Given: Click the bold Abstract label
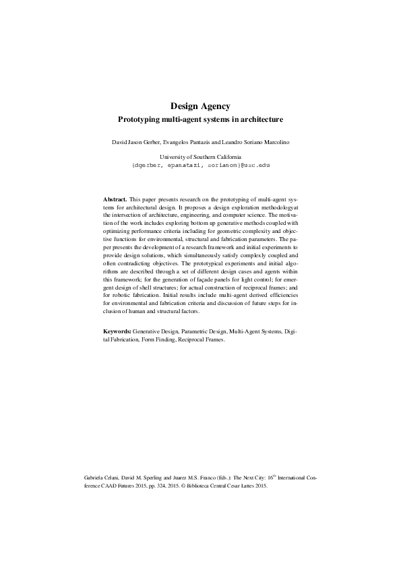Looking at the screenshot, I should (115, 201).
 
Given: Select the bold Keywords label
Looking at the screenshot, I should (117, 332).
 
